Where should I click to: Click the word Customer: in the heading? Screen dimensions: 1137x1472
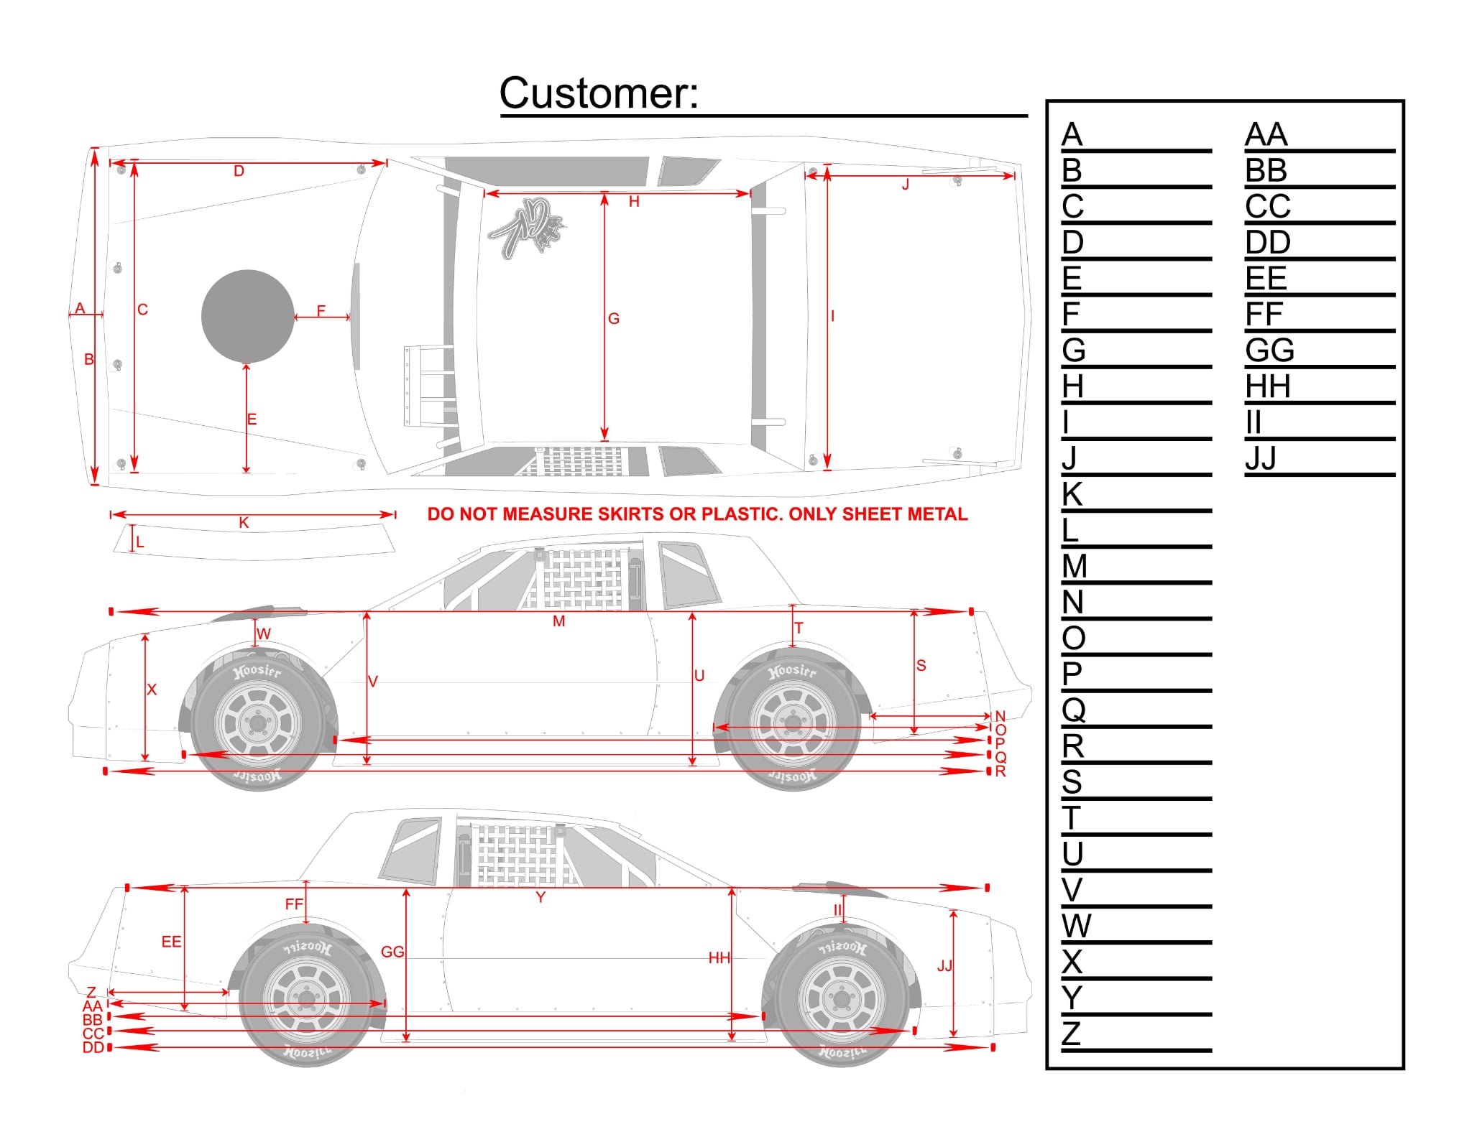coord(598,93)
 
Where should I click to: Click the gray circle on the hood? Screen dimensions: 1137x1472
coord(247,317)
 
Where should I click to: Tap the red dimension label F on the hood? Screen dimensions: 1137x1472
coord(321,310)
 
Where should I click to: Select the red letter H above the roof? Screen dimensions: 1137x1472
coord(634,202)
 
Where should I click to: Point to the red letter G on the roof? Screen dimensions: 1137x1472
coord(613,318)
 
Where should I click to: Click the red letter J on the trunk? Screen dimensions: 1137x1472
coord(906,185)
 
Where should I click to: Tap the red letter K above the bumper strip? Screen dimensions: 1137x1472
coord(244,523)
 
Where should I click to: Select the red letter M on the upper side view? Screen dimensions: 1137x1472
coord(558,621)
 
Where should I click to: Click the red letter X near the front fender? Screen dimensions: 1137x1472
coord(151,690)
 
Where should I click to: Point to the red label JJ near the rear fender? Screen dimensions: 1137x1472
coord(944,966)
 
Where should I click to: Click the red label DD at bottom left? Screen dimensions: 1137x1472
coord(93,1048)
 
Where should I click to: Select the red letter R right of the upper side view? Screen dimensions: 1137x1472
coord(1000,771)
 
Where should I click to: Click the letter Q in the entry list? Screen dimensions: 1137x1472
coord(1073,710)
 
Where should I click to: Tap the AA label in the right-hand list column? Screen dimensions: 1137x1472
coord(1266,135)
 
